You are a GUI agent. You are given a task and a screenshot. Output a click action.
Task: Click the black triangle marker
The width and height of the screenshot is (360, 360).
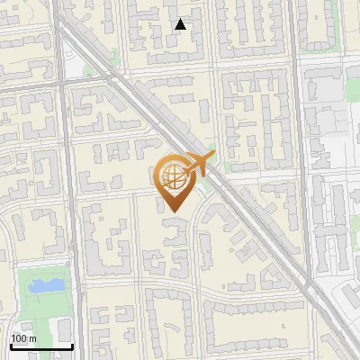[181, 24]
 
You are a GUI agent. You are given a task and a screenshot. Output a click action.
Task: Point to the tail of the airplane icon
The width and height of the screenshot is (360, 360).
[182, 171]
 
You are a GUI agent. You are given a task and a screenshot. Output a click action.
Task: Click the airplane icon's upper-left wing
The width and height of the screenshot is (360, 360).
[191, 157]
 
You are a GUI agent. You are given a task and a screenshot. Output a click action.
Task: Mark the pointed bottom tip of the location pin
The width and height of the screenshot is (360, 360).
[171, 212]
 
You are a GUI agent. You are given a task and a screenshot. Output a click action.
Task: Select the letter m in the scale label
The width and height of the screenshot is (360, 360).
[32, 338]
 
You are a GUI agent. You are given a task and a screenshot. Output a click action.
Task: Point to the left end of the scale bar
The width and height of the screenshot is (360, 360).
[10, 346]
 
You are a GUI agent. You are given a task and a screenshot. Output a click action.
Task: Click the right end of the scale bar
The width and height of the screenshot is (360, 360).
[72, 346]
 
